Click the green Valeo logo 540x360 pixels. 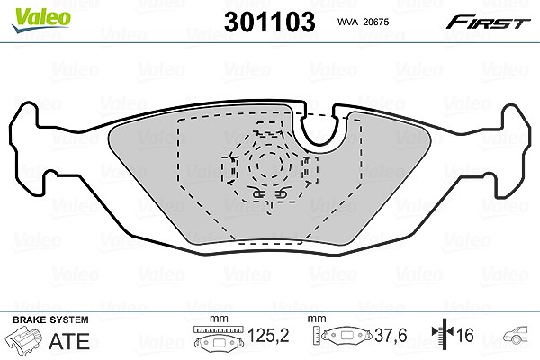41,20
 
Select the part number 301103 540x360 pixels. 270,22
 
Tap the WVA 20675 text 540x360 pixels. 363,22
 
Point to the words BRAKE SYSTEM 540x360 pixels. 50,319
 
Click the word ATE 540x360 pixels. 69,341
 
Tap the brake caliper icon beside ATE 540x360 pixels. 24,338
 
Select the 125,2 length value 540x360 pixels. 268,335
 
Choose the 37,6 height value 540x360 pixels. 391,335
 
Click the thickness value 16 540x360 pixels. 464,335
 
